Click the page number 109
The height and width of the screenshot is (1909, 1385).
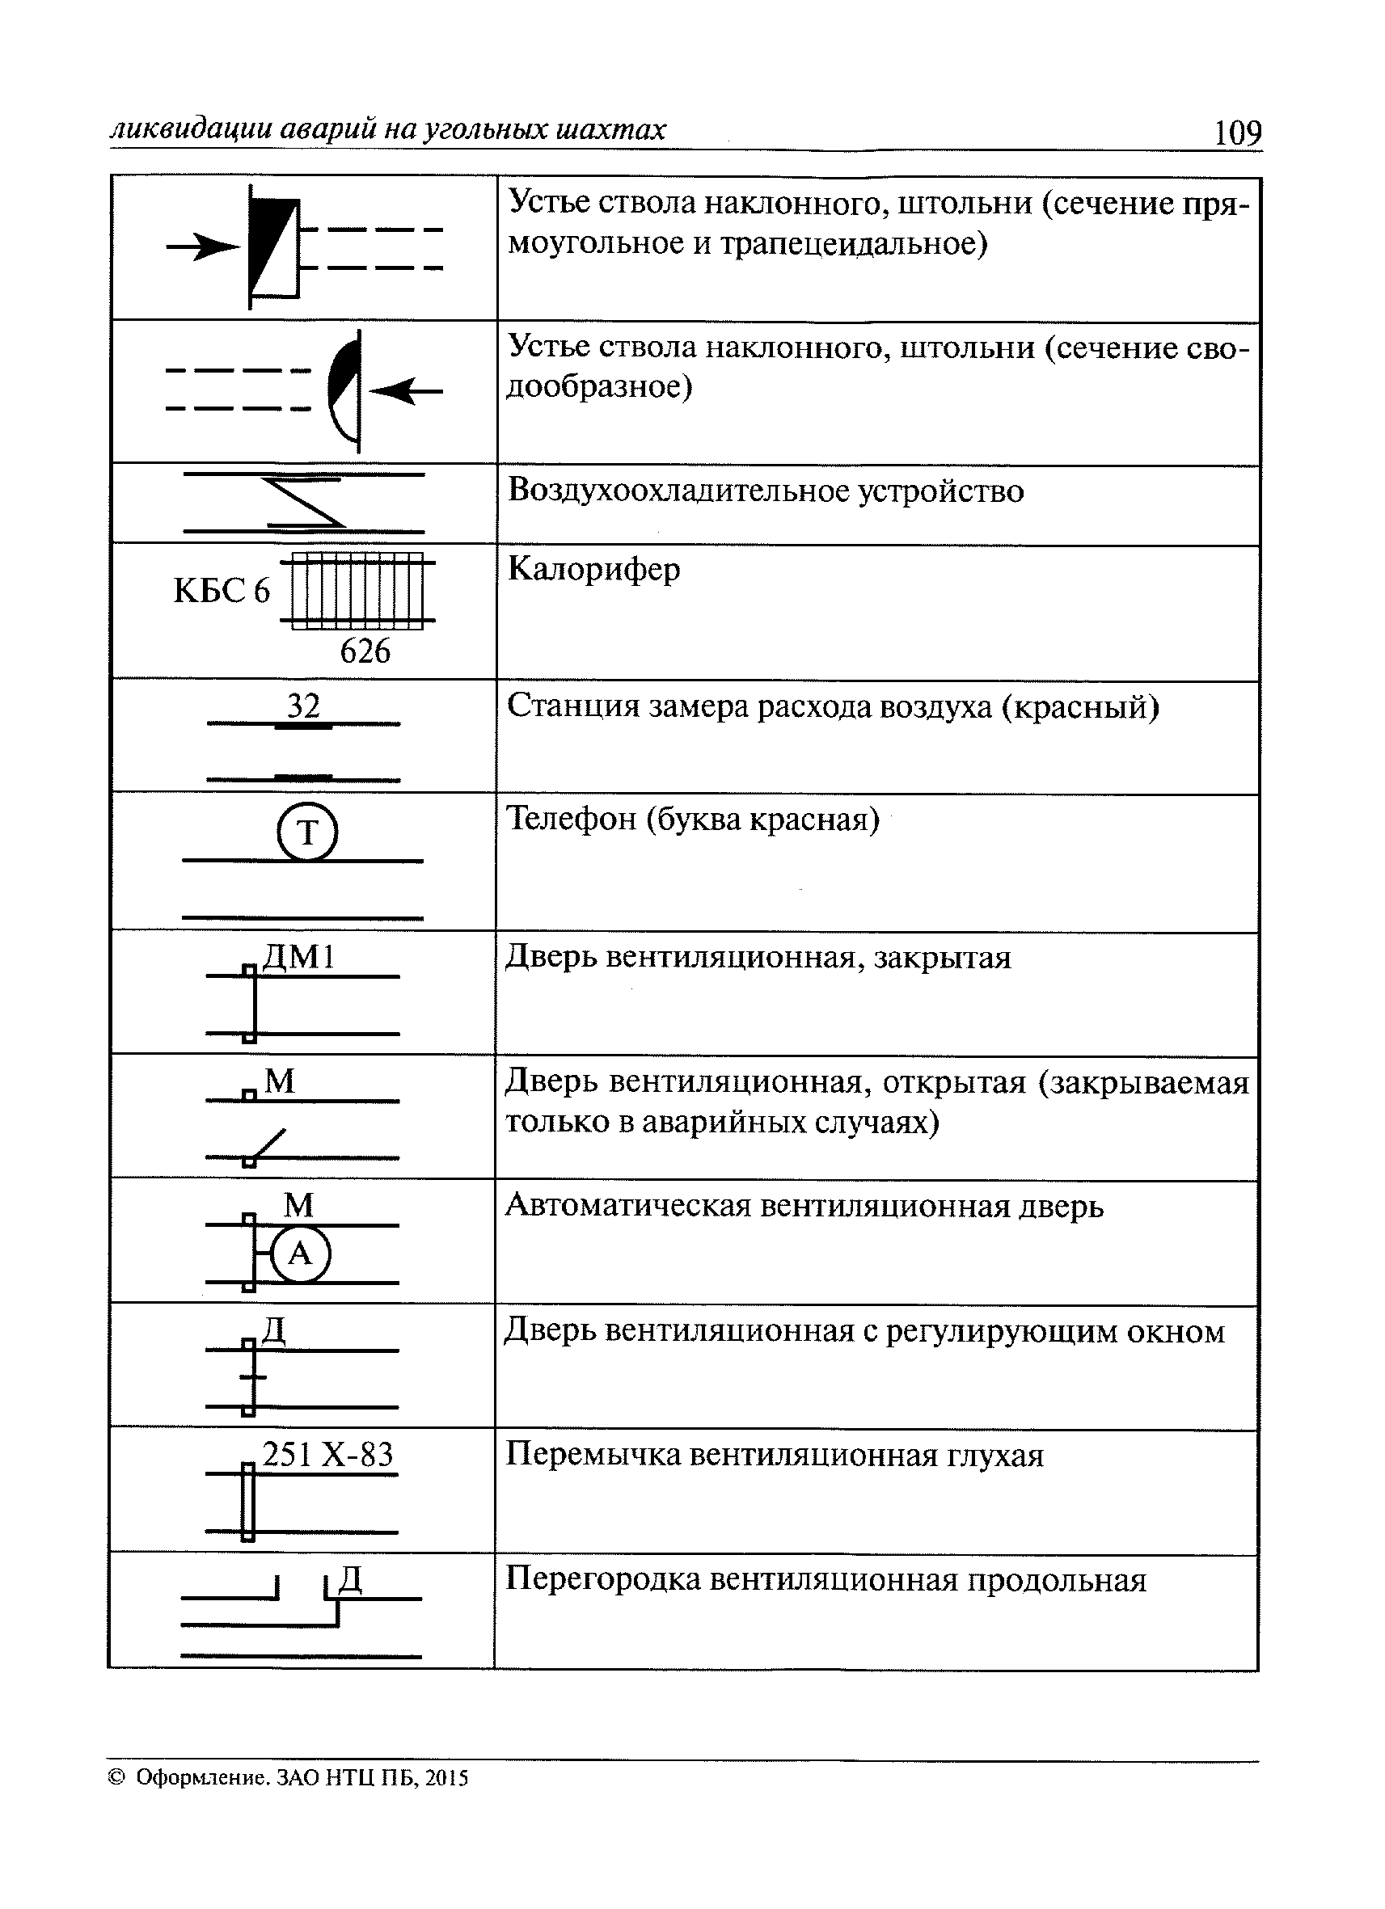tap(1237, 133)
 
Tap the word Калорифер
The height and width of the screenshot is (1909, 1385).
tap(593, 570)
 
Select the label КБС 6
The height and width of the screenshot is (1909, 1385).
tap(222, 591)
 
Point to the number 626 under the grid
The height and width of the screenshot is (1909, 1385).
tap(365, 651)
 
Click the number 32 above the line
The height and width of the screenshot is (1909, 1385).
tap(304, 706)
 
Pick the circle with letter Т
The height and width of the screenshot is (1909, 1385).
tap(307, 832)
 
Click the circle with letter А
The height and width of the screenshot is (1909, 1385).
tap(301, 1255)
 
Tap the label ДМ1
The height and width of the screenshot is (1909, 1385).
tap(300, 957)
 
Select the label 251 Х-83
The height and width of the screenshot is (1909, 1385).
tap(327, 1455)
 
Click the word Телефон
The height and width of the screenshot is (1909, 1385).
tap(570, 819)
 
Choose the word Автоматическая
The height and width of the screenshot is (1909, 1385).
tap(627, 1206)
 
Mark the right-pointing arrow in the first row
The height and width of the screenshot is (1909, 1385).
tap(203, 247)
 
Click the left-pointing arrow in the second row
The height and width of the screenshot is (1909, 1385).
tap(407, 390)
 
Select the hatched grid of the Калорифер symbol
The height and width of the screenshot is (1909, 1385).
tap(357, 590)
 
